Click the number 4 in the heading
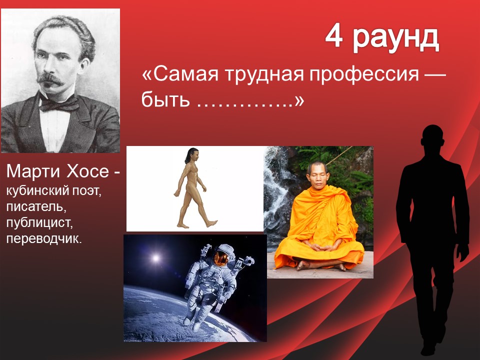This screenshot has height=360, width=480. coord(333,36)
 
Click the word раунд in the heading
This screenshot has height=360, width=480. coord(396,39)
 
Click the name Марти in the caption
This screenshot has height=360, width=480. coord(33,171)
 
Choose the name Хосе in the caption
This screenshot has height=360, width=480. coord(87,171)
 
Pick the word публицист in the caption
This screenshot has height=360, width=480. coord(39,222)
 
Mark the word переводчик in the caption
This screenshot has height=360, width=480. coord(44,238)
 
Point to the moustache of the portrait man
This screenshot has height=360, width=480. coord(50,79)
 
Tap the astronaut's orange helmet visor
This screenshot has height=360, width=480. coord(221,258)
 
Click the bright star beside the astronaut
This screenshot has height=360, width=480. coord(156,258)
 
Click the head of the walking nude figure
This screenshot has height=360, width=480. coord(192,155)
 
